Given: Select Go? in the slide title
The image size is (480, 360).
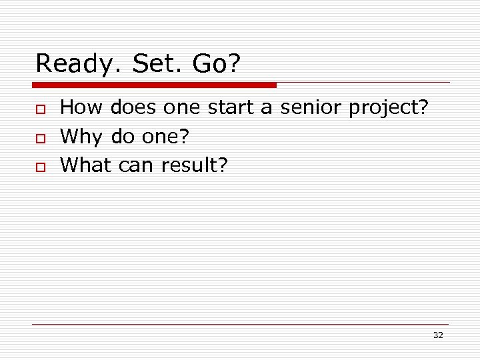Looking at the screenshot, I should click(216, 64).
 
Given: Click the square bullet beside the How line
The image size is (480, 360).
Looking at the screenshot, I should click(40, 109).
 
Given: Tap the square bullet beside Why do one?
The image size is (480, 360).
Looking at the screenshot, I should click(40, 137).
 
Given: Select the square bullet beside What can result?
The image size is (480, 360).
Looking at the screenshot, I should click(40, 167).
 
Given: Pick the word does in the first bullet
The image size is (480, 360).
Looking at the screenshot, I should click(133, 107).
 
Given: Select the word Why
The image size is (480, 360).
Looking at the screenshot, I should click(81, 137).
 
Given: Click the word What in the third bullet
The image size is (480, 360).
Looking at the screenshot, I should click(86, 165).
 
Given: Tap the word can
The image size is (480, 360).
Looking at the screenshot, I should click(137, 165).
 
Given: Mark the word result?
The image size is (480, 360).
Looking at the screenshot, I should click(194, 165).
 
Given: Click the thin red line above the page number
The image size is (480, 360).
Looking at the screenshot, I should click(240, 324).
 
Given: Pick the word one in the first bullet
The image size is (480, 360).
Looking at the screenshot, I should click(182, 107).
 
